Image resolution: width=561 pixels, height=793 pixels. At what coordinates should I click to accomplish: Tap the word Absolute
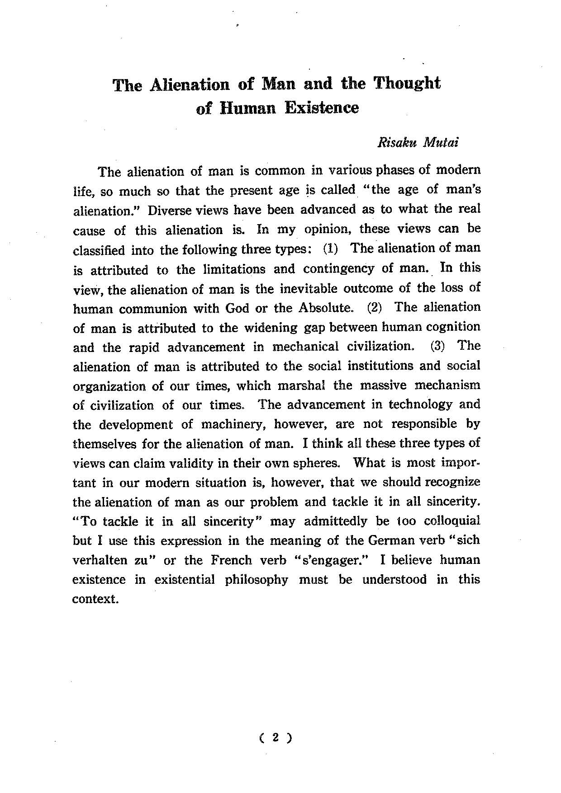pos(326,309)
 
